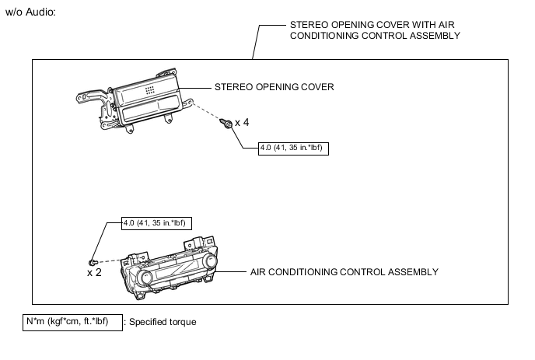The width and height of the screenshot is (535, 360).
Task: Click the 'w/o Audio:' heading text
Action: click(30, 12)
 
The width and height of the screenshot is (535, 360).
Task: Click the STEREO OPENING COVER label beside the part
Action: click(274, 87)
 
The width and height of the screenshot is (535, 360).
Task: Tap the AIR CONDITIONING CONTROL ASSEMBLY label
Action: click(344, 272)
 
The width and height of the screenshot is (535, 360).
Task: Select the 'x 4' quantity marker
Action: click(242, 123)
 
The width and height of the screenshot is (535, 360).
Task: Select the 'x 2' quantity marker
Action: click(94, 273)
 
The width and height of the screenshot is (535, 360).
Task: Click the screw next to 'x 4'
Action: click(226, 123)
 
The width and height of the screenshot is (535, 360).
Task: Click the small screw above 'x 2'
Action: click(93, 262)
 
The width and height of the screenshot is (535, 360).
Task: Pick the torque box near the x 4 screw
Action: click(293, 149)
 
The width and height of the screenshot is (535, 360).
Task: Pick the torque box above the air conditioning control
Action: click(156, 223)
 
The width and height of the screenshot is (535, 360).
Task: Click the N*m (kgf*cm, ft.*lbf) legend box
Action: click(72, 323)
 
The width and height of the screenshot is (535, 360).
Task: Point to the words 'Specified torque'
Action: click(163, 322)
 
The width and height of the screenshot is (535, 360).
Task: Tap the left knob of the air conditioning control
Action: click(145, 276)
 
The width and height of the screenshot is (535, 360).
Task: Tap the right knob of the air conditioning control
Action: click(209, 261)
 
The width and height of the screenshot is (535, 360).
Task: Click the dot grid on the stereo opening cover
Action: click(149, 90)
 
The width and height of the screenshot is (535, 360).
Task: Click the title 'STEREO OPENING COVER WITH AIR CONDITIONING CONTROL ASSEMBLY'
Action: click(375, 30)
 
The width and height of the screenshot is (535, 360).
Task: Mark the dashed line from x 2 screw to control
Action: click(110, 260)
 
